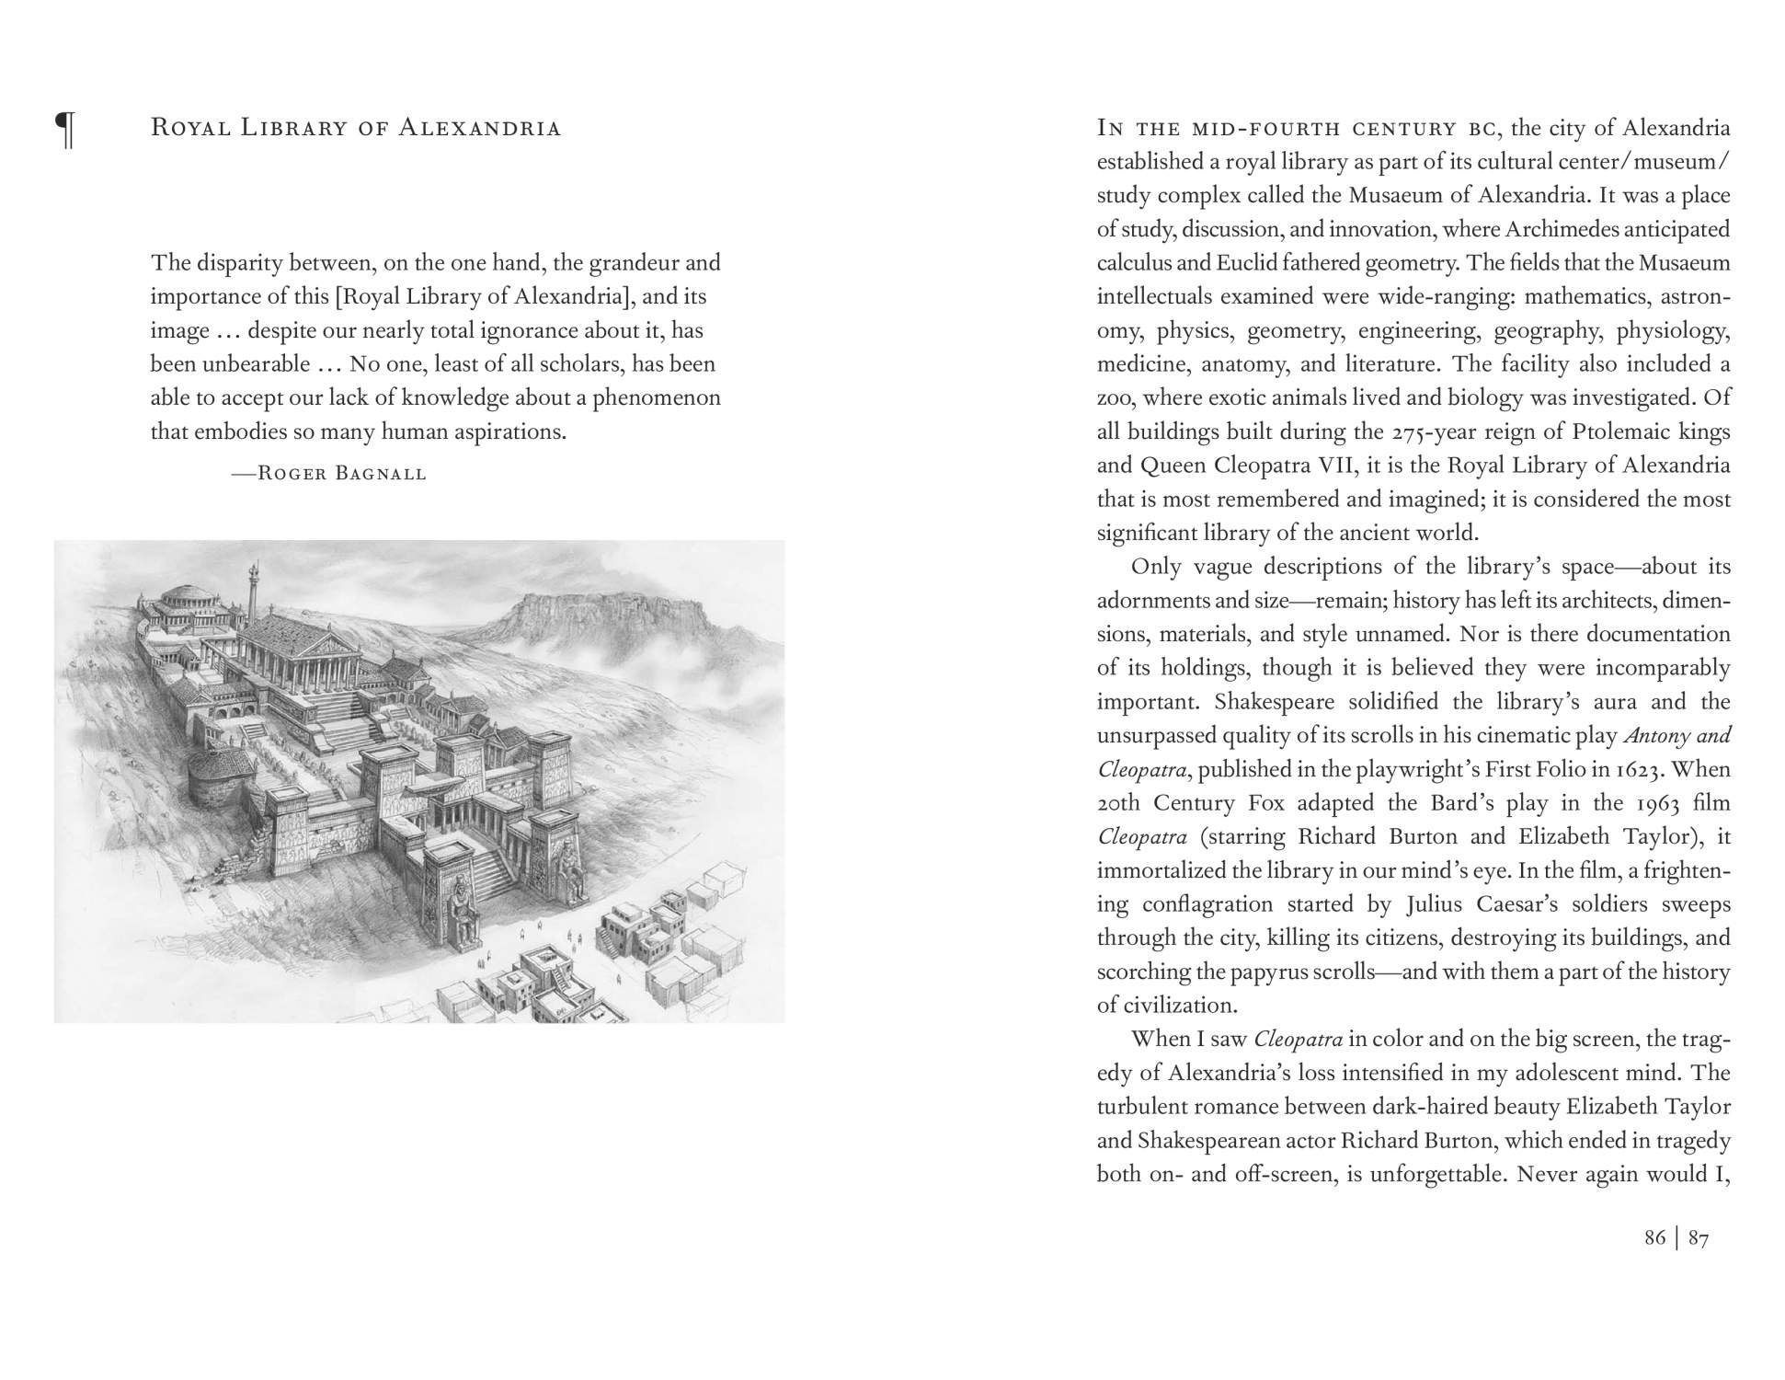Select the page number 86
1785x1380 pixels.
click(1654, 1237)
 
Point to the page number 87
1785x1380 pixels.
click(1699, 1237)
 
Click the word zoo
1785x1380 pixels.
click(1116, 398)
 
